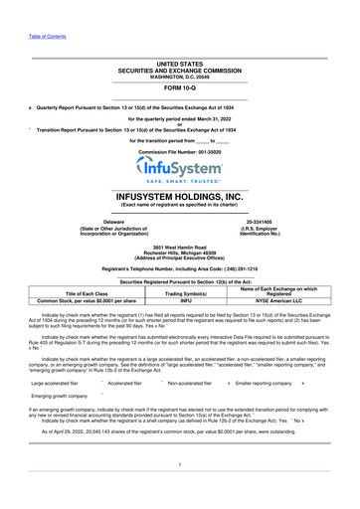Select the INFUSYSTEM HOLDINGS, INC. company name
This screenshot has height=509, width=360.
(179, 197)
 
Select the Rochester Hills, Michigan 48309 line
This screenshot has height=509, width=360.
(179, 251)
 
